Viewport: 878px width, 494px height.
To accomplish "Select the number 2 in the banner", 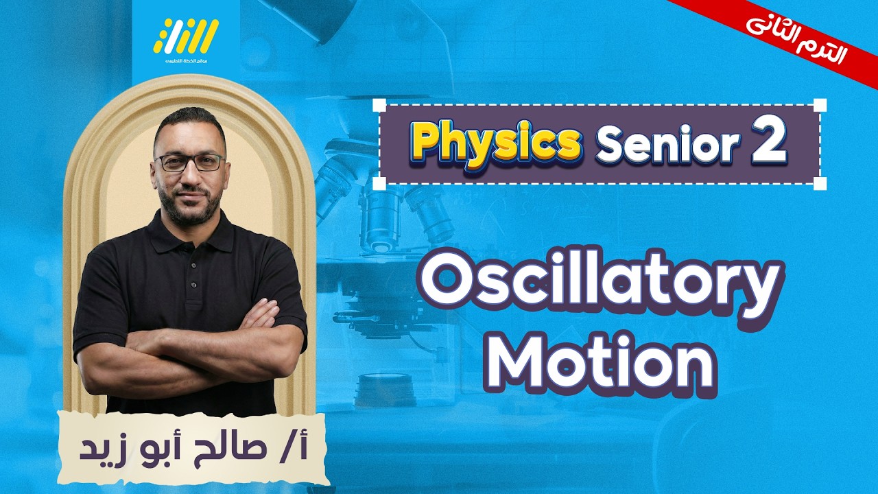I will (x=768, y=142).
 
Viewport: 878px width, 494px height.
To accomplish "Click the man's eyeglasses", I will (x=189, y=163).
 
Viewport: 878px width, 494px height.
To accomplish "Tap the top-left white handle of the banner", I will (x=379, y=105).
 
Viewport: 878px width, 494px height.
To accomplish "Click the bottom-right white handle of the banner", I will (x=820, y=183).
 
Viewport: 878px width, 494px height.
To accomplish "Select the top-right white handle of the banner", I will (x=820, y=105).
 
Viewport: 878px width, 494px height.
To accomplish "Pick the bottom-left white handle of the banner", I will (x=379, y=183).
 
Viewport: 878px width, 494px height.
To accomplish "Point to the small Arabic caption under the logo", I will (x=185, y=62).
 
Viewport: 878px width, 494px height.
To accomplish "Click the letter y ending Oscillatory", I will (x=757, y=292).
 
